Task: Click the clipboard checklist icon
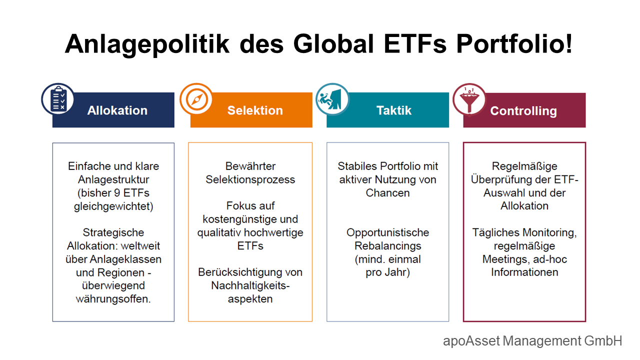coord(58,99)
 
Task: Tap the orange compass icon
coord(196,99)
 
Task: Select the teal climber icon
coord(332,99)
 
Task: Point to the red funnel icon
coord(469,99)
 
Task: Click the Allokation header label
coord(117,110)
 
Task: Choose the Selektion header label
coord(255,110)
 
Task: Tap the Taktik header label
coord(394,110)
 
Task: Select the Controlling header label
coord(523,111)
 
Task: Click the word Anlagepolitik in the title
coord(147,44)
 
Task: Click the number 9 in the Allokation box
coord(117,193)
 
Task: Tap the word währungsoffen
coord(113,299)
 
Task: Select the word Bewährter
coord(250,166)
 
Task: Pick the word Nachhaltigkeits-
coord(250,285)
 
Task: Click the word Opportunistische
coord(387,233)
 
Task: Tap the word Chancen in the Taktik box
coord(387,193)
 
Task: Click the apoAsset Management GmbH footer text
coord(532,341)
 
